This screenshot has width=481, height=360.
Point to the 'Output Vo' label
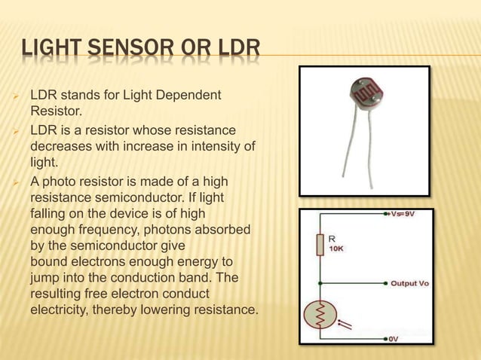(x=409, y=283)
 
